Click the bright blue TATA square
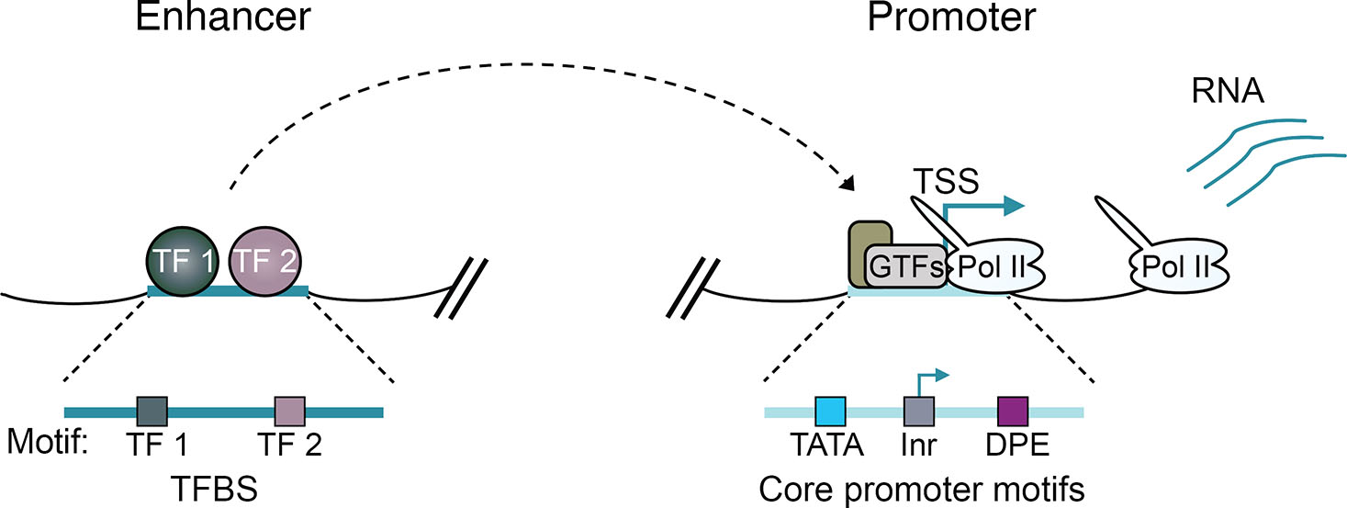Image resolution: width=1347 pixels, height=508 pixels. [x=830, y=411]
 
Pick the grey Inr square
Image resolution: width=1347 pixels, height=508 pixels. [x=918, y=411]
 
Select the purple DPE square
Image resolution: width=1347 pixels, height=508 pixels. [x=1013, y=411]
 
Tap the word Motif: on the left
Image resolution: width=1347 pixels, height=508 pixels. [x=47, y=446]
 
